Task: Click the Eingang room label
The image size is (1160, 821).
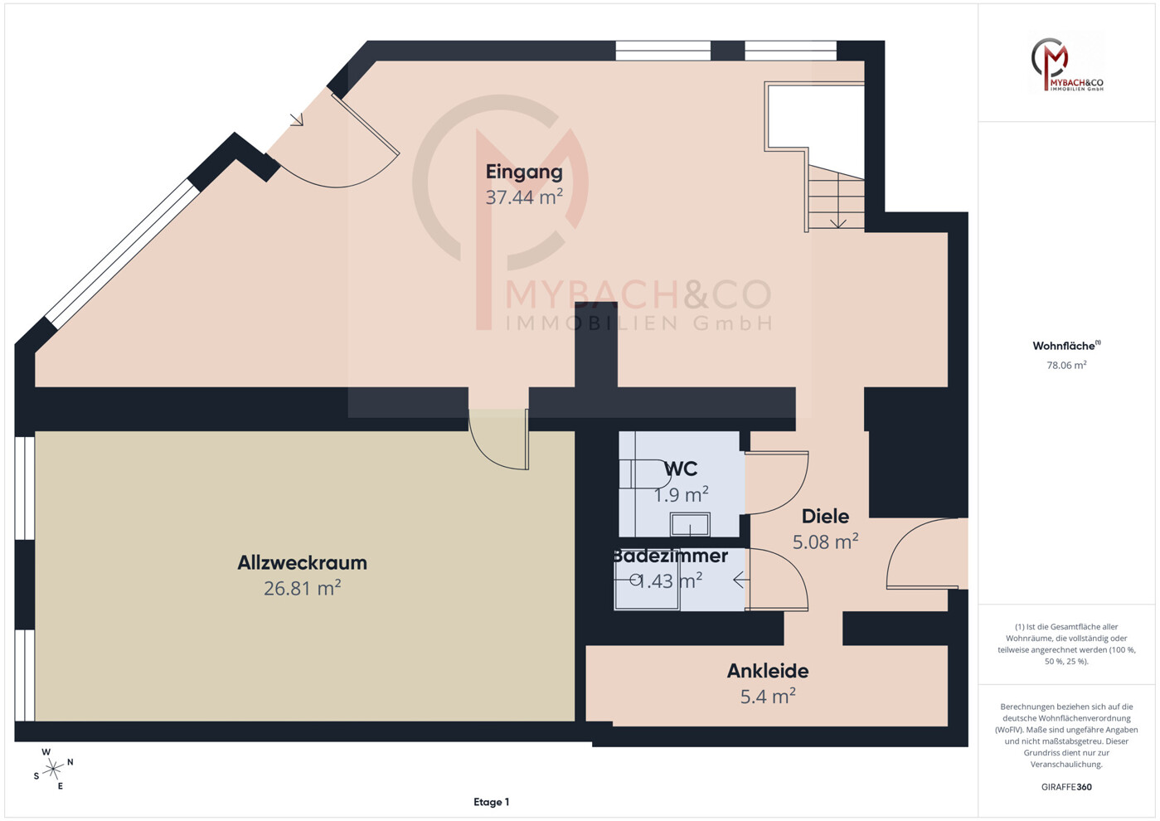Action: coord(524,172)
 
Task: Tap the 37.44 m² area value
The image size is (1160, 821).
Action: coord(524,197)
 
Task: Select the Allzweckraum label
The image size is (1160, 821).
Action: coord(303,562)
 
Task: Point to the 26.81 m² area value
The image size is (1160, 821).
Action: coord(303,588)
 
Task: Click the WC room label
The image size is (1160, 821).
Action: coord(681,469)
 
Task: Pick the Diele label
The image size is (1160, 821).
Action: coord(826,516)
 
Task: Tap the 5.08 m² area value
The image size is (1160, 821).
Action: coord(826,542)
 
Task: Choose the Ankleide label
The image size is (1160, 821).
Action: coord(768,671)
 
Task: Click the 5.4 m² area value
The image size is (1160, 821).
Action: coord(768,696)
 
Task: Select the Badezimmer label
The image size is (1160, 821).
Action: coord(671,556)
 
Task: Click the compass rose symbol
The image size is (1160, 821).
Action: coord(53,770)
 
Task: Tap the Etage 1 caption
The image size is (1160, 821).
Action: coord(492,802)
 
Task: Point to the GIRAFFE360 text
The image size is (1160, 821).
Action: coord(1066,787)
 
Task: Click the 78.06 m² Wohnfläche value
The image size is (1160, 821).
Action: coord(1066,365)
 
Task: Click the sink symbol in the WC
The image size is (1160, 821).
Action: coord(690,523)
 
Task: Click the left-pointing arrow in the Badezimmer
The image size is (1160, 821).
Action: coord(739,581)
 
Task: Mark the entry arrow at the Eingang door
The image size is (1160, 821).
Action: coord(296,119)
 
